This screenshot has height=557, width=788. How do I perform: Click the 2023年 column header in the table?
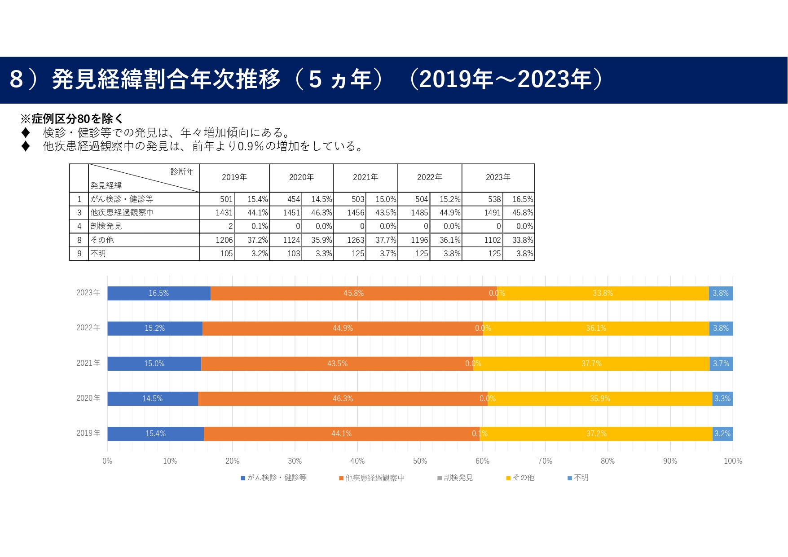[498, 177]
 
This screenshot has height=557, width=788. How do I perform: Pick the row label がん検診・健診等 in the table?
[122, 199]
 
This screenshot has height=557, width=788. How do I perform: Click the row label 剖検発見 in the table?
[106, 226]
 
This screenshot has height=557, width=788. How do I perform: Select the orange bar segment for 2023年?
[353, 293]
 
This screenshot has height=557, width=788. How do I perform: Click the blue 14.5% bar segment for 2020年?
[152, 399]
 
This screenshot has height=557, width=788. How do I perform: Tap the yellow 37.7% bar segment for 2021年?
[591, 364]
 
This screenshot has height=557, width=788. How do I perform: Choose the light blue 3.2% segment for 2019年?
[722, 434]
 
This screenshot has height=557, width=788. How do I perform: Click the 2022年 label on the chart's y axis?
[88, 328]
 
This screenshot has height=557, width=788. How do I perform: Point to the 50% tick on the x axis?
[420, 461]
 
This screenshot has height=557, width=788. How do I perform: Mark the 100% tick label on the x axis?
[733, 461]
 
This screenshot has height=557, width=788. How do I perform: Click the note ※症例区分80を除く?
[71, 118]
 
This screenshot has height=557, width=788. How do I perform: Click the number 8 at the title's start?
[16, 79]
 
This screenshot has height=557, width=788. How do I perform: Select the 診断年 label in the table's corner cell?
[182, 171]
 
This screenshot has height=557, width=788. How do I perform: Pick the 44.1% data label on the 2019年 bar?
[341, 434]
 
